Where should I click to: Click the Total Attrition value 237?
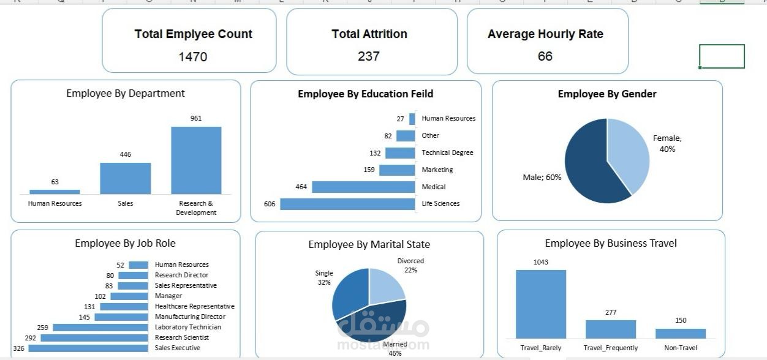369,56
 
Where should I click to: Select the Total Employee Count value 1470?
192,57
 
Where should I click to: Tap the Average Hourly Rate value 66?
545,56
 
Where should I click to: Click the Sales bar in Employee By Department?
125,178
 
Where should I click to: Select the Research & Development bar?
196,160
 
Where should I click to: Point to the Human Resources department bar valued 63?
55,192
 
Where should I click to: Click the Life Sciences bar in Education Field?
347,204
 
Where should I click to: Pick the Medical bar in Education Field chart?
363,187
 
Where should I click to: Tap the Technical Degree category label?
447,152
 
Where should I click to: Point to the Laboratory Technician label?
188,327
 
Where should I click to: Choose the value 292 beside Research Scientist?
30,337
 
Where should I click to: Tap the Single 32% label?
324,278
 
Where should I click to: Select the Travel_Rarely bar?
540,304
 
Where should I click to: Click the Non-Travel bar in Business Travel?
680,334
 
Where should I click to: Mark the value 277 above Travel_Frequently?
610,312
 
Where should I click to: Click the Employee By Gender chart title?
606,94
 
